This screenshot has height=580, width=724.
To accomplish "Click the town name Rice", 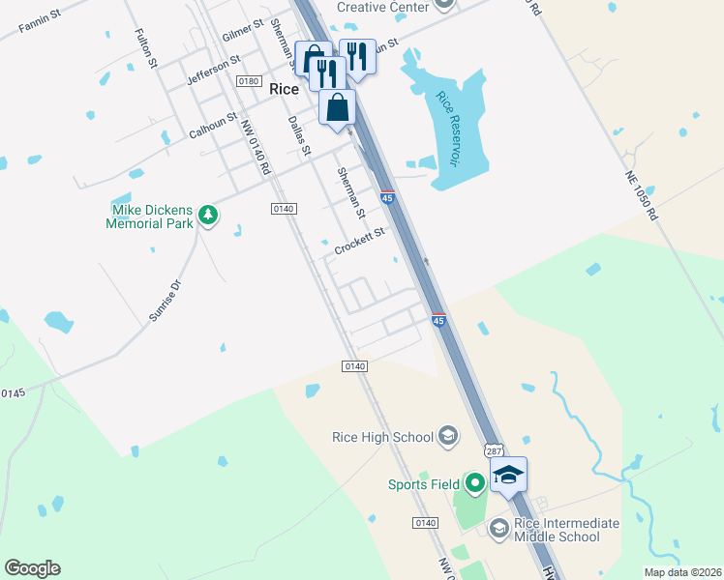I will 284,88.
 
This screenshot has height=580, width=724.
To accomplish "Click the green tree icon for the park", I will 207,216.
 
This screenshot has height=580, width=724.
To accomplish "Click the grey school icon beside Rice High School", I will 447,437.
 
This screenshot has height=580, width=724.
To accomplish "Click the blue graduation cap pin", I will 508,475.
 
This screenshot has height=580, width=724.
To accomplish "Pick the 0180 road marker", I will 249,81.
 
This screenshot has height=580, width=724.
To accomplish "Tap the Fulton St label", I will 147,47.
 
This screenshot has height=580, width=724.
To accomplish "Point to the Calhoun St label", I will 213,127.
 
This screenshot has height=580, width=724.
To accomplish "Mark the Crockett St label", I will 360,242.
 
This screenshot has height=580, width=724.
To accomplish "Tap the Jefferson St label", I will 213,71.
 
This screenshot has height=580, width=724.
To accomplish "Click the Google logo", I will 32,568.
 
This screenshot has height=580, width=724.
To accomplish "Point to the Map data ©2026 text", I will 682,572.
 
